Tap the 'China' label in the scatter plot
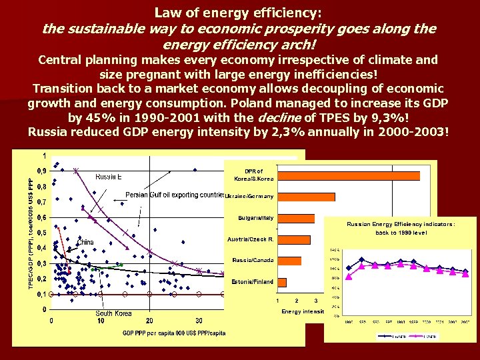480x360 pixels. coord(85,241)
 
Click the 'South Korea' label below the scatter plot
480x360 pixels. coord(113,313)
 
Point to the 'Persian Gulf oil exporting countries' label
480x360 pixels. coord(175,195)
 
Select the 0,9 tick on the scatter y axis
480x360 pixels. coord(41,171)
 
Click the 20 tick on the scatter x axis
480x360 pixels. coord(149,321)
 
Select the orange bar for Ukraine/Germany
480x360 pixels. coord(306,197)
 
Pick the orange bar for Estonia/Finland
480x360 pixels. coord(282,282)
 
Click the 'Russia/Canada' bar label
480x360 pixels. coord(253,260)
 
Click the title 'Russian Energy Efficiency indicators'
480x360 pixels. coord(401,225)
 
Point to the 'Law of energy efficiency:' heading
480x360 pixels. coord(238,12)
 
